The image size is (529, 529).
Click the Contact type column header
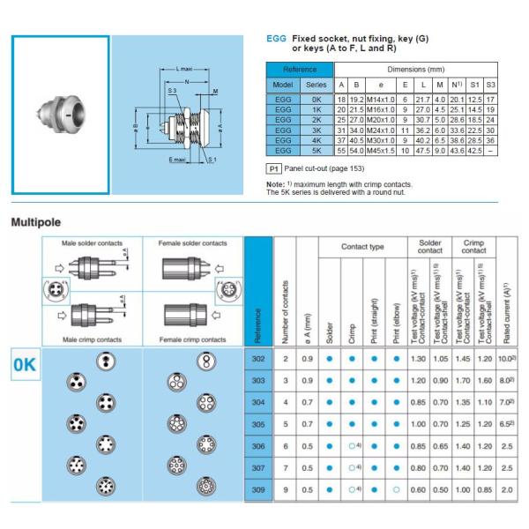coord(365,250)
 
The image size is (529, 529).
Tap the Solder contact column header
coord(428,245)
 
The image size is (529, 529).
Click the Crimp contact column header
coord(474,245)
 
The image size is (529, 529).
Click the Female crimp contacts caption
coord(188,338)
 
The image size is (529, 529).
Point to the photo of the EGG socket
coord(59,113)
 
